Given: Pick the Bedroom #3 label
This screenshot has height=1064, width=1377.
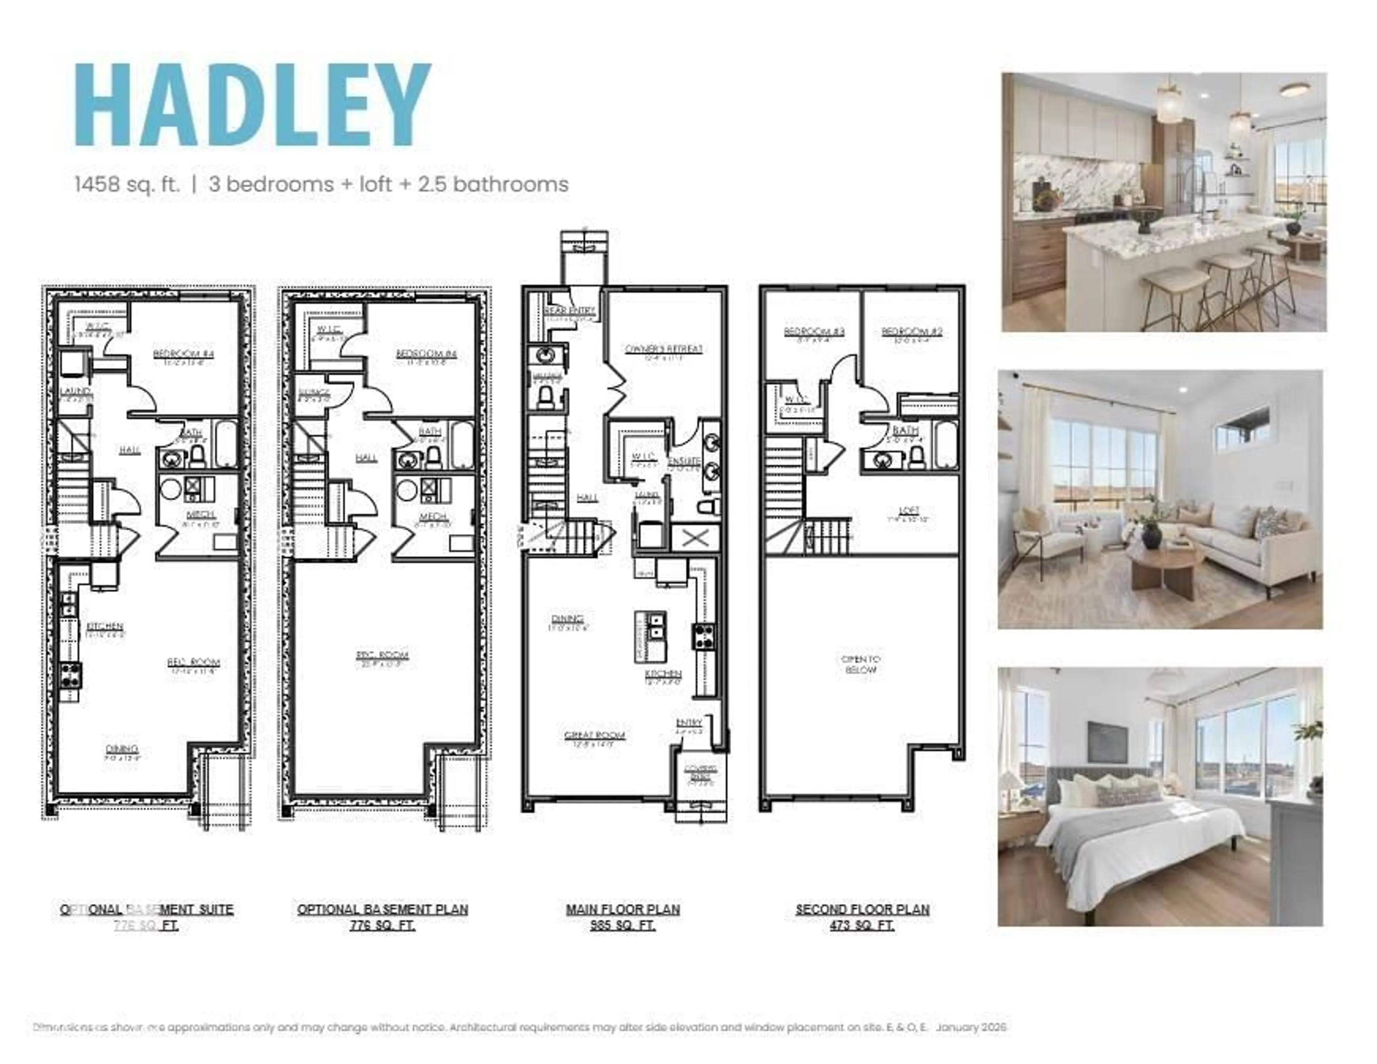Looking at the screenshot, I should click(814, 332).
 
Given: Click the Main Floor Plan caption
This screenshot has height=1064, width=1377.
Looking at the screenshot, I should click(622, 909).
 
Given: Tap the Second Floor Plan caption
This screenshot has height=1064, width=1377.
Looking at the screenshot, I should click(862, 909).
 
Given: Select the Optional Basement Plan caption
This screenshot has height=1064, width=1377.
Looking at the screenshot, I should click(382, 909).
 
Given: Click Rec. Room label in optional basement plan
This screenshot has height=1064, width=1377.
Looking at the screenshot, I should click(382, 655).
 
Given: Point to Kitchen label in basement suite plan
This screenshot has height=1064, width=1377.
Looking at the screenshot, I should click(105, 626).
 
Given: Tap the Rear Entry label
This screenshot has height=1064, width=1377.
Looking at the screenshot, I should click(569, 310).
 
